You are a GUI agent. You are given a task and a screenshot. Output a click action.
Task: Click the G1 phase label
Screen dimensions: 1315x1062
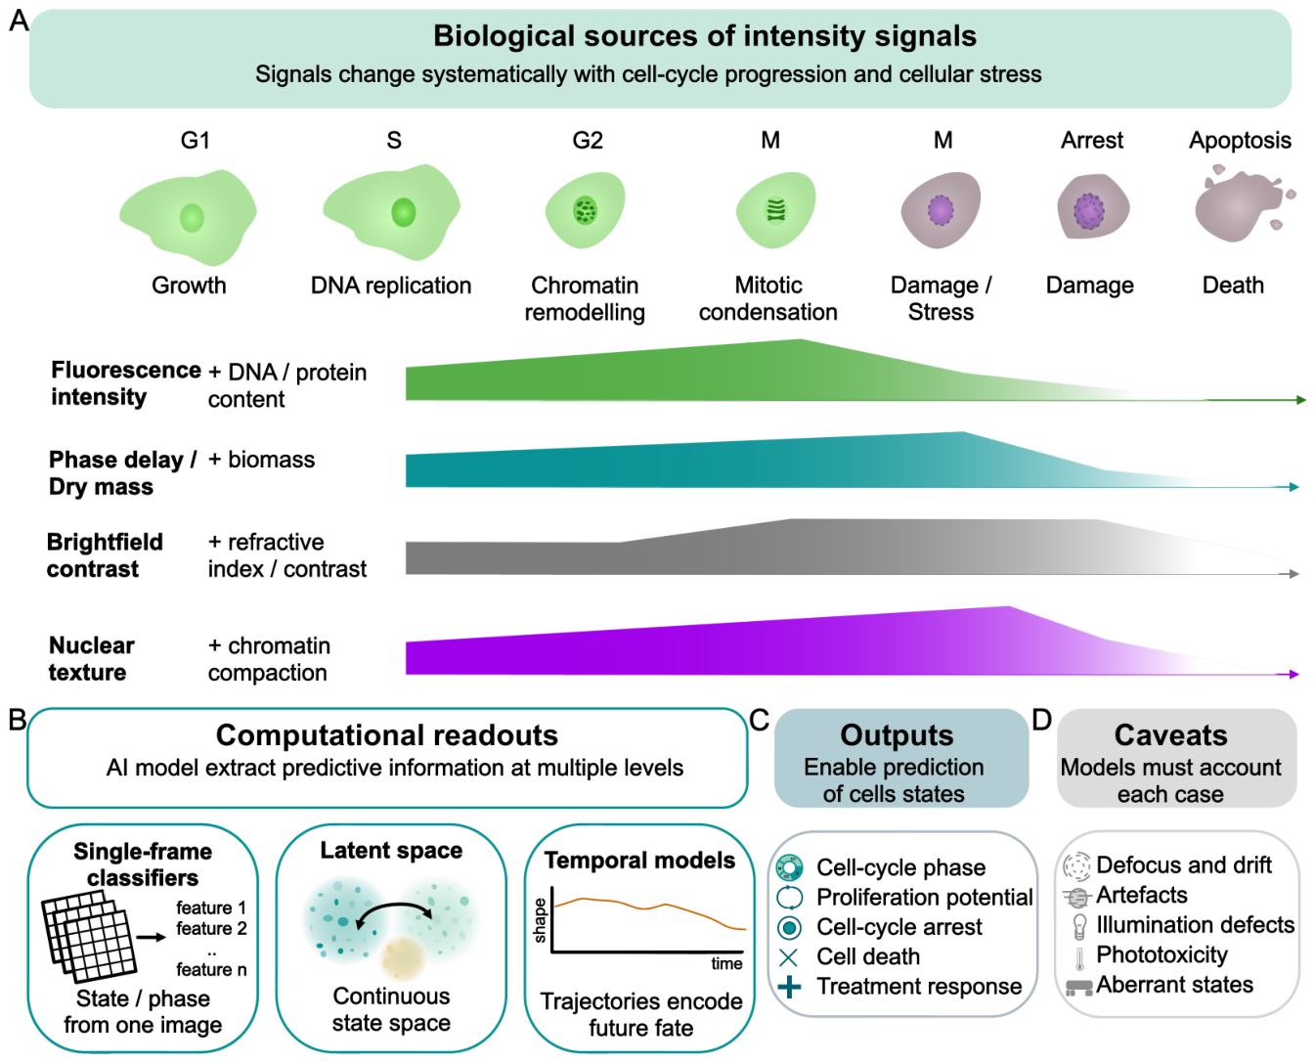click(x=196, y=141)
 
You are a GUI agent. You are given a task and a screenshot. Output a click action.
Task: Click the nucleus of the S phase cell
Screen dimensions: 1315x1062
click(x=403, y=212)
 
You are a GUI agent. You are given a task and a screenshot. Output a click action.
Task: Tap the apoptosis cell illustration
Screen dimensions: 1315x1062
click(x=1242, y=202)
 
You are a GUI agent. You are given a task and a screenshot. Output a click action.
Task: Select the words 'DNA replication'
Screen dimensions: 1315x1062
click(x=391, y=286)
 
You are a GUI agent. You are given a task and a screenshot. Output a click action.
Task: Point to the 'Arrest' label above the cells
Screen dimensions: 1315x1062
click(x=1091, y=141)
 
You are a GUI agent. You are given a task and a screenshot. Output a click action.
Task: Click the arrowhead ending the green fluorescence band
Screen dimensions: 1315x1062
click(x=1300, y=400)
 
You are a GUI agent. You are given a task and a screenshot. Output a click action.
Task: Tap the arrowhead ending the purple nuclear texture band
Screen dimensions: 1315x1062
click(x=1294, y=674)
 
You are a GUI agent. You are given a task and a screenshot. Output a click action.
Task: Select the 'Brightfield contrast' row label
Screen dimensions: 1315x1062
click(x=105, y=555)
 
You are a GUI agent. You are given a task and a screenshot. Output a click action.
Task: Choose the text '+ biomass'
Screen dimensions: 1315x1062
click(x=261, y=460)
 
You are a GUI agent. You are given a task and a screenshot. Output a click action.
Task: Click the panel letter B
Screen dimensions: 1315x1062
click(x=18, y=720)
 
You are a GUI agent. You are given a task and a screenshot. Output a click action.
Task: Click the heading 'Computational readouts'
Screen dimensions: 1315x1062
click(x=387, y=735)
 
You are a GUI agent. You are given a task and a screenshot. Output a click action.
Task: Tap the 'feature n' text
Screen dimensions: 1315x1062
click(x=211, y=969)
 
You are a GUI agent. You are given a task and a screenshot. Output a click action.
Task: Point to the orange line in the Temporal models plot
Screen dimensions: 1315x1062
click(x=649, y=908)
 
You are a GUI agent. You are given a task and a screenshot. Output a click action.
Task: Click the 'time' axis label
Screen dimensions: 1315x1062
click(x=726, y=964)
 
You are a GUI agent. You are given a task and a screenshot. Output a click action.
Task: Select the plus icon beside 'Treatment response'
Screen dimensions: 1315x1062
click(x=790, y=987)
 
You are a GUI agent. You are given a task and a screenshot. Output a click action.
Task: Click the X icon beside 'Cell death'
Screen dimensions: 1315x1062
click(x=789, y=957)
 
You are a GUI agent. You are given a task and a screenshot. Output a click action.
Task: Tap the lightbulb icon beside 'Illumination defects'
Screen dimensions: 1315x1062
click(x=1079, y=926)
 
